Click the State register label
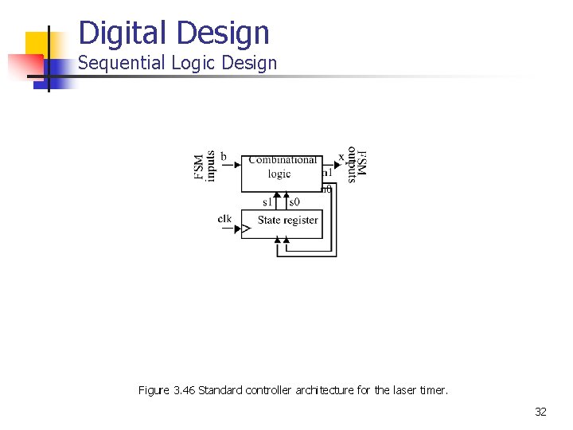pyautogui.click(x=288, y=220)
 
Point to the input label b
pyautogui.click(x=224, y=156)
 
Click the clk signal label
pyautogui.click(x=225, y=219)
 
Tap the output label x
pyautogui.click(x=341, y=157)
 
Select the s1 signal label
pyautogui.click(x=267, y=202)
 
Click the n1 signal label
pyautogui.click(x=326, y=173)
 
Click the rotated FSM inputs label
pyautogui.click(x=205, y=166)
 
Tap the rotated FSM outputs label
pyautogui.click(x=357, y=166)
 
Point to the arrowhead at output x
pyautogui.click(x=352, y=166)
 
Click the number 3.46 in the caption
pyautogui.click(x=183, y=390)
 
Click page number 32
pyautogui.click(x=540, y=412)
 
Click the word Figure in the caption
pyautogui.click(x=153, y=390)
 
